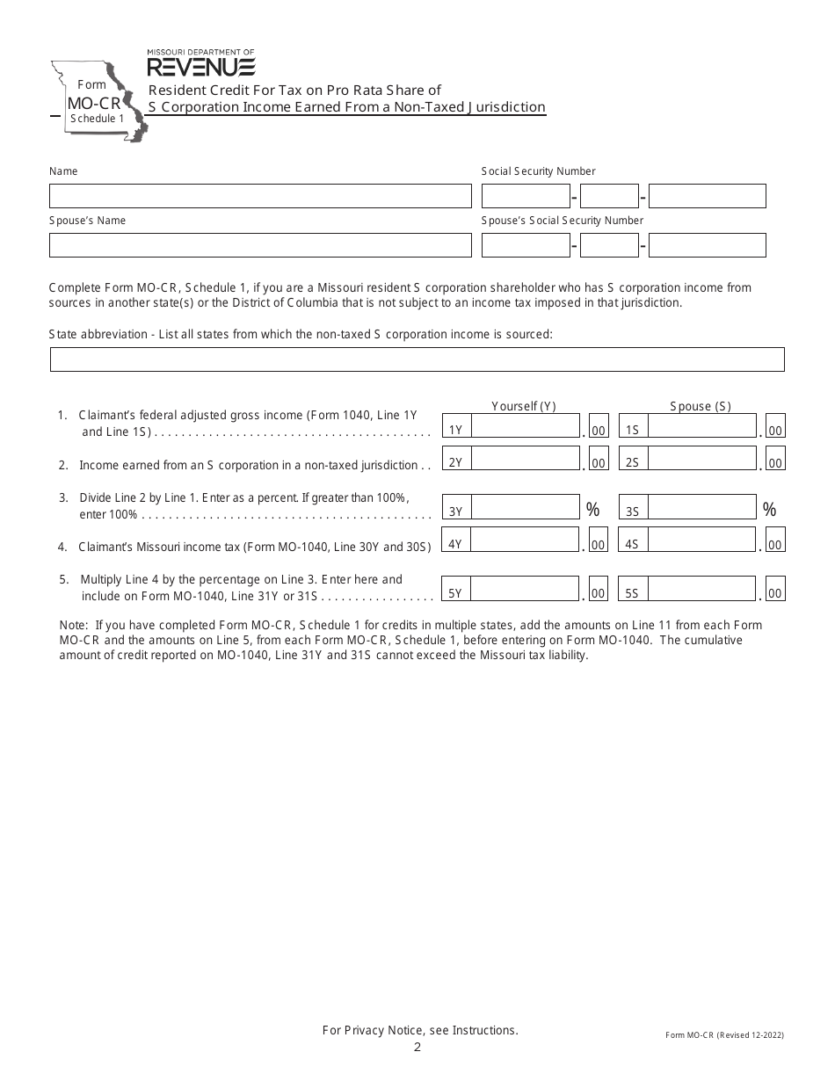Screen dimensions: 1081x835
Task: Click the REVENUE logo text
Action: tap(200, 68)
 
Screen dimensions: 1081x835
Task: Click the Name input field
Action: tap(260, 196)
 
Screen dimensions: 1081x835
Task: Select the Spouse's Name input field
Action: tap(260, 245)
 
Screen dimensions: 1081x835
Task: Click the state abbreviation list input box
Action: tap(417, 359)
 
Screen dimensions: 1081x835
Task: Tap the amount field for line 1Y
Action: tap(526, 426)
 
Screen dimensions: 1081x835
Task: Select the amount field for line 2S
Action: tap(701, 459)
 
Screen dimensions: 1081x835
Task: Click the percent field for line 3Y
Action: tap(526, 508)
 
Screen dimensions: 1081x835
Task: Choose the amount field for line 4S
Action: tap(701, 540)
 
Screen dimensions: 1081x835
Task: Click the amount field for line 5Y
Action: tap(526, 589)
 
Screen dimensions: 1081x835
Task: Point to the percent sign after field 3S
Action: tap(769, 510)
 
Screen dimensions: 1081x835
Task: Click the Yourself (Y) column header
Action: tap(523, 406)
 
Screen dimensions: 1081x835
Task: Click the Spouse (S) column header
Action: tap(701, 406)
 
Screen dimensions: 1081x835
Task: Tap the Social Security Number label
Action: tap(538, 171)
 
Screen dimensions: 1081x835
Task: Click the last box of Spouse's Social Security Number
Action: tap(707, 245)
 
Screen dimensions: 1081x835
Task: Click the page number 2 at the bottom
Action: tap(417, 1047)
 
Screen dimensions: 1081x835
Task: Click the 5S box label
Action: tap(632, 594)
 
